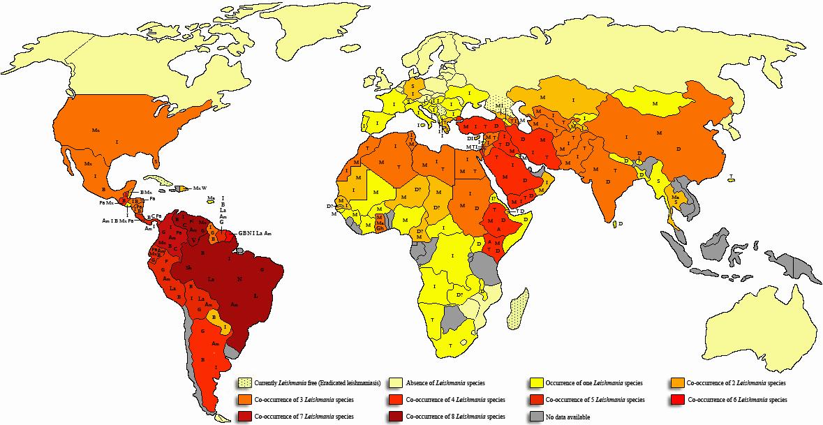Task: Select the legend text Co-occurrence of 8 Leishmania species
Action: point(455,417)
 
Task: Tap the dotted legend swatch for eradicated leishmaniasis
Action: point(244,383)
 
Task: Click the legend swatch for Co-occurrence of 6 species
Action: point(676,400)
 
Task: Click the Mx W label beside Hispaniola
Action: point(201,188)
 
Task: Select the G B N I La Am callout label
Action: point(254,232)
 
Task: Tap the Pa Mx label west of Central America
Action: point(105,202)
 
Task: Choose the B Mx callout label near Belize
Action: point(146,192)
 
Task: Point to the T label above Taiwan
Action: point(730,176)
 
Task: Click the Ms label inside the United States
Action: point(96,131)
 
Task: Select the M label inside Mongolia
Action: point(655,103)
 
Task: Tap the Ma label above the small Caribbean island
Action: point(210,199)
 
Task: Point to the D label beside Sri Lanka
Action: point(621,223)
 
